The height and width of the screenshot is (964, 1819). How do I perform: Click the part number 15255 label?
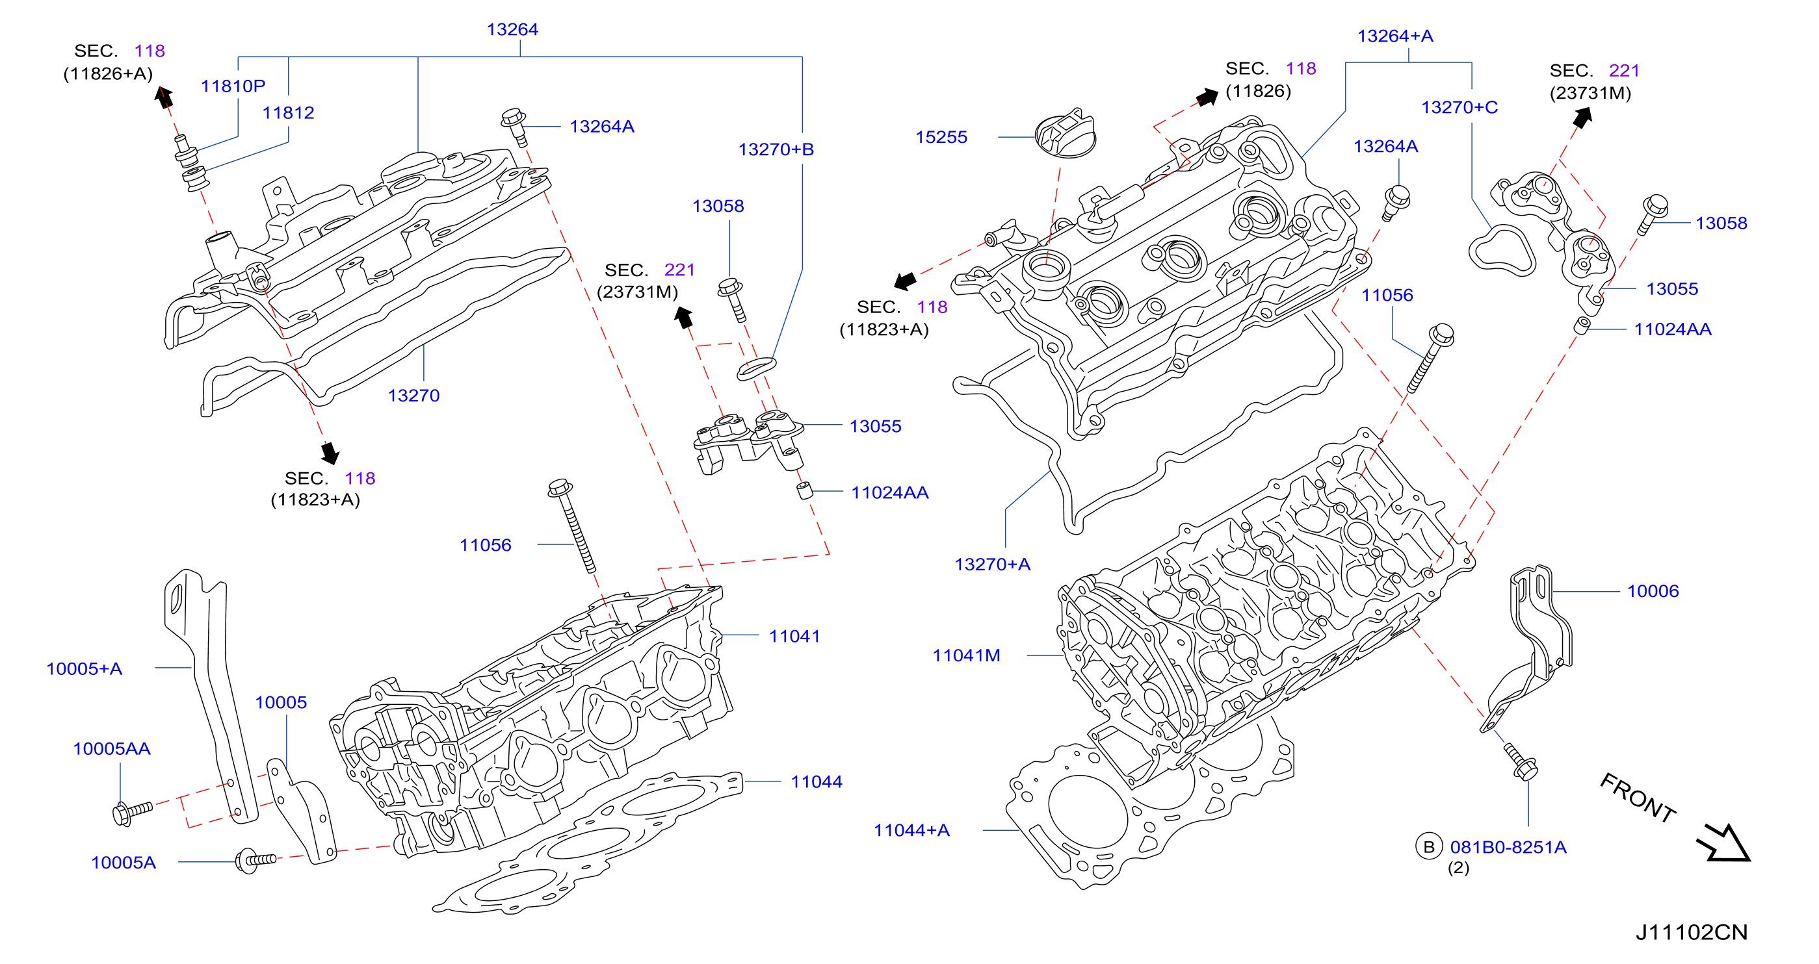pos(941,137)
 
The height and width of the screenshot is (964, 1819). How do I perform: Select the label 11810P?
pos(233,86)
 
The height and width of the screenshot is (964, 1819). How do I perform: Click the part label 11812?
pos(288,113)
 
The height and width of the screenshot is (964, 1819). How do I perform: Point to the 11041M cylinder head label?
pos(966,655)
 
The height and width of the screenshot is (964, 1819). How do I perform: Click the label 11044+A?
pos(911,831)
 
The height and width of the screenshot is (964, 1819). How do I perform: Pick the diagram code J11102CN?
pos(1691,932)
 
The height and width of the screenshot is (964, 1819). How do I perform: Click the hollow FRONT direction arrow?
pos(1724,843)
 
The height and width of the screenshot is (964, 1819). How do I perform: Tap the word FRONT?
pos(1638,798)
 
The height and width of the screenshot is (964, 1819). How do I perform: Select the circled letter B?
pos(1428,847)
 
